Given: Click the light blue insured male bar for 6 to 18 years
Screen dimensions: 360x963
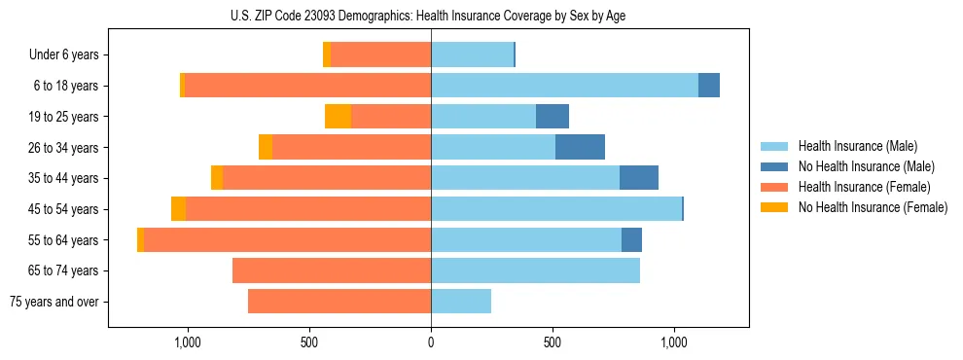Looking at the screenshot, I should (564, 86).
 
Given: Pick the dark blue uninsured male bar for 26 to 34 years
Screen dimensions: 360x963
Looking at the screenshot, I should (580, 148).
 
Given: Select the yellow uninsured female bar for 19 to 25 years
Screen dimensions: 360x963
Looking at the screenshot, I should (338, 117).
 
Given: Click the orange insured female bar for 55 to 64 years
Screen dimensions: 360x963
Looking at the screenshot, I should (287, 240).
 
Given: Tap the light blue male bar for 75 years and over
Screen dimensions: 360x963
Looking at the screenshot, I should (461, 302).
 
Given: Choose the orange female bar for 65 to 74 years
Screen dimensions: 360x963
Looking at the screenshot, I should (332, 270).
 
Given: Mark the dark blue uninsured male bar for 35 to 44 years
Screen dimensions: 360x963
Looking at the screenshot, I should (639, 178).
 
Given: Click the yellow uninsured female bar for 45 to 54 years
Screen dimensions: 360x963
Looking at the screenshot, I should (178, 209).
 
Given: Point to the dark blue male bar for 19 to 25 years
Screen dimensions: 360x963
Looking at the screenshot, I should (553, 117).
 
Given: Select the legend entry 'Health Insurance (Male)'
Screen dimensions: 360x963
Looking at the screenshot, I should (858, 146).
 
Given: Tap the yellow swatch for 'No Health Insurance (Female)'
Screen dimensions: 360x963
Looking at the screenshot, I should (774, 207).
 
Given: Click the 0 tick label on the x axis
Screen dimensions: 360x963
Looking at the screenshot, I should (431, 342).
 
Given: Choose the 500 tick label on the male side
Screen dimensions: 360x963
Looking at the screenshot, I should (553, 342).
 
